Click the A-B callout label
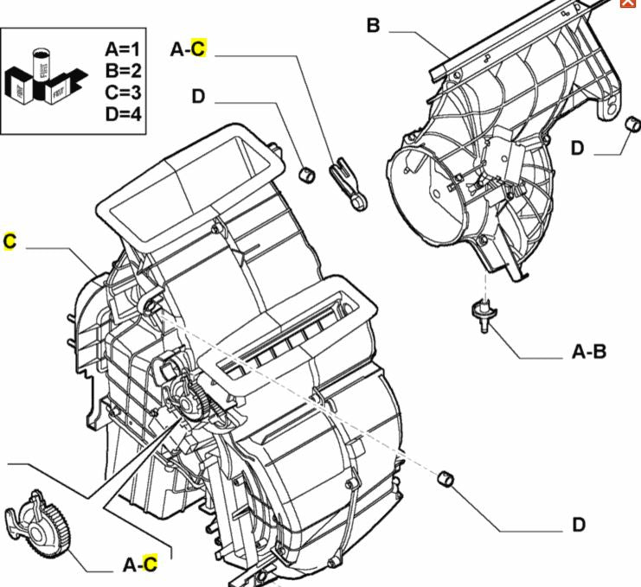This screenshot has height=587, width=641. pos(589,352)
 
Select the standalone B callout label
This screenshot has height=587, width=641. pos(373,26)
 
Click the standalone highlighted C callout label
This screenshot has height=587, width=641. pos(10,240)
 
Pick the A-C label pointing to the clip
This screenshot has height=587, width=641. pos(188,49)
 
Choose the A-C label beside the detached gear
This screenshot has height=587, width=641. pos(140,565)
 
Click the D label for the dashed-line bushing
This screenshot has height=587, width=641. pos(578,524)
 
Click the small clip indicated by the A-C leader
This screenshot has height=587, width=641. pos(349,182)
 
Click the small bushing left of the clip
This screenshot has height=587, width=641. pos(305,175)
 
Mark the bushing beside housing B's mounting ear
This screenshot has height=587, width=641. pos(631,126)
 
